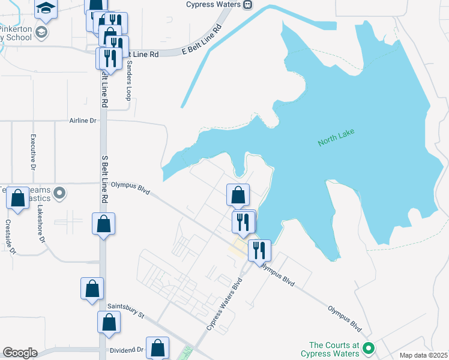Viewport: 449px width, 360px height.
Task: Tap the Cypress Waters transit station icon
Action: coord(247,5)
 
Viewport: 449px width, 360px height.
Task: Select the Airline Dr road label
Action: coord(83,121)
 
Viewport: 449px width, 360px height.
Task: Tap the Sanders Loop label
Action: coord(128,83)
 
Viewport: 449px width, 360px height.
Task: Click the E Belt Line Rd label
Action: coord(201,41)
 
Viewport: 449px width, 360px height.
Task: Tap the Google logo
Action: coord(20,353)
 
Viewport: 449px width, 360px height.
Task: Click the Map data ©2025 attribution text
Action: coord(423,355)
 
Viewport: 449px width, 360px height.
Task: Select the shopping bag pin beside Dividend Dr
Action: coord(157,347)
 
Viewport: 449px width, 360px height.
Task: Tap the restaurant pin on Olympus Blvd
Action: coord(259,250)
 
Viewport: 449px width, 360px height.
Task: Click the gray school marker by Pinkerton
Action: coord(41,31)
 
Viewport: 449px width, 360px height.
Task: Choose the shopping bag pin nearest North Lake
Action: coord(238,194)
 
